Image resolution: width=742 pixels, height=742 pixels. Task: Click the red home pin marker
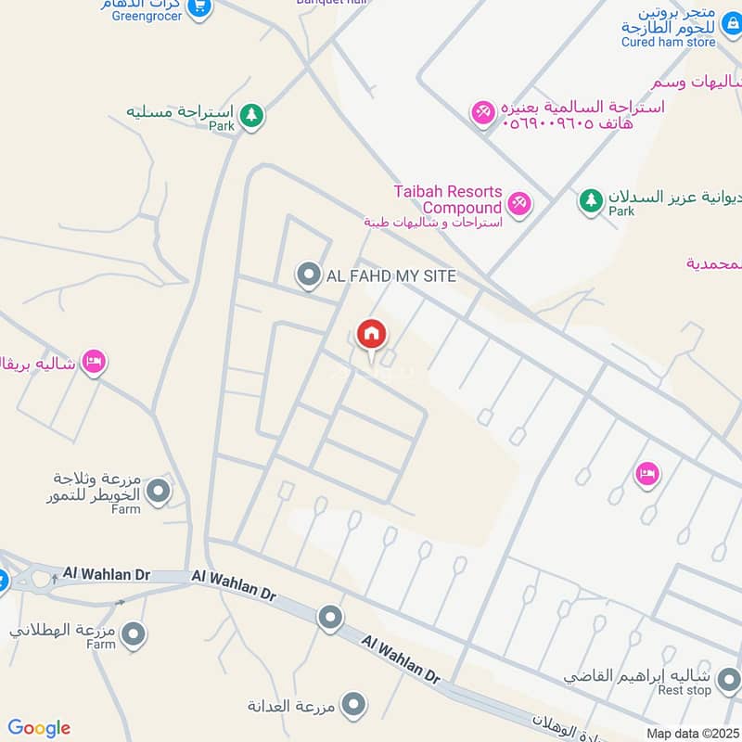pyautogui.click(x=371, y=335)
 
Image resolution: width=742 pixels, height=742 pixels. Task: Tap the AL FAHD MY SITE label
pyautogui.click(x=390, y=275)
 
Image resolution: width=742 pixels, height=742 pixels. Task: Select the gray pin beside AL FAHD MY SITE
pyautogui.click(x=308, y=275)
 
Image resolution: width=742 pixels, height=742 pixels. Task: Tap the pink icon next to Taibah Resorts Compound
pyautogui.click(x=518, y=203)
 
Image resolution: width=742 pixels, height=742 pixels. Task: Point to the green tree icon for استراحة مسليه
pyautogui.click(x=250, y=116)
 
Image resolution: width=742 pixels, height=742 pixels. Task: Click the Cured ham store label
pyautogui.click(x=669, y=42)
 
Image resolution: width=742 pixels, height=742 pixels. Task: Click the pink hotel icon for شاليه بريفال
pyautogui.click(x=93, y=361)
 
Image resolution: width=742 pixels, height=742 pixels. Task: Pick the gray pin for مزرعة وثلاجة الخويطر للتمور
pyautogui.click(x=160, y=491)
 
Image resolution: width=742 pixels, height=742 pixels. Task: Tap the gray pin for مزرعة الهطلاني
pyautogui.click(x=134, y=635)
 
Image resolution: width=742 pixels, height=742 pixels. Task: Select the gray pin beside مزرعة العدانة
pyautogui.click(x=352, y=706)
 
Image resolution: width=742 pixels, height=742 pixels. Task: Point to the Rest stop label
pyautogui.click(x=684, y=691)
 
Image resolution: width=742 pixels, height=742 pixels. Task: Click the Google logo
pyautogui.click(x=39, y=728)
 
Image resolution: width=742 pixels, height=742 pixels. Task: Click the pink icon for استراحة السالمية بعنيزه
pyautogui.click(x=482, y=113)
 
